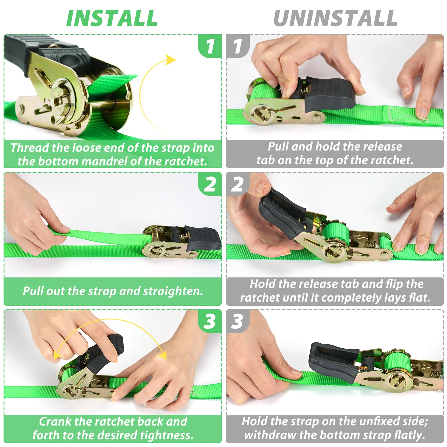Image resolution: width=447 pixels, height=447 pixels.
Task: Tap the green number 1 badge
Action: click(x=210, y=46)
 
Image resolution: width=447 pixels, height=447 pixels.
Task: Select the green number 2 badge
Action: click(x=210, y=184)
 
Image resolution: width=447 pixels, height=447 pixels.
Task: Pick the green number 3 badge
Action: click(x=210, y=321)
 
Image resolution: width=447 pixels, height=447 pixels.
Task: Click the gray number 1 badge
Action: click(x=238, y=46)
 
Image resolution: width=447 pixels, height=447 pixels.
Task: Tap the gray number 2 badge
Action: click(x=238, y=184)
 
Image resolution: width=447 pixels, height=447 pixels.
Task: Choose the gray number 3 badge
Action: click(x=238, y=321)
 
